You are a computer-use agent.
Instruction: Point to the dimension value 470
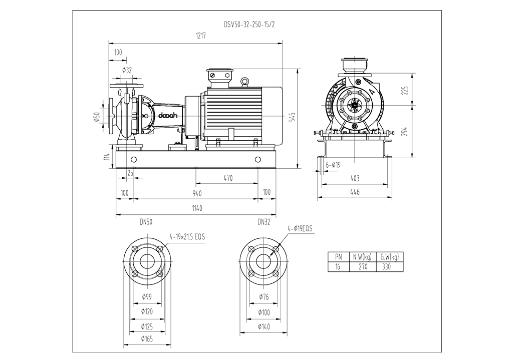(x=228, y=177)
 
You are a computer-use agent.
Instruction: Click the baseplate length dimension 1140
(x=197, y=208)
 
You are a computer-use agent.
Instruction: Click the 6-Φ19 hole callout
(x=333, y=164)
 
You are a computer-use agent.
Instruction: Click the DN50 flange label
(x=146, y=221)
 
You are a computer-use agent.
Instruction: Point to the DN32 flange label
(x=264, y=221)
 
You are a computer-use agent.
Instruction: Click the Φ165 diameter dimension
(x=147, y=339)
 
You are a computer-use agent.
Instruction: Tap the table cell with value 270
(x=362, y=267)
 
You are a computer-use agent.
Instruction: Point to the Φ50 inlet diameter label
(x=97, y=117)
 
